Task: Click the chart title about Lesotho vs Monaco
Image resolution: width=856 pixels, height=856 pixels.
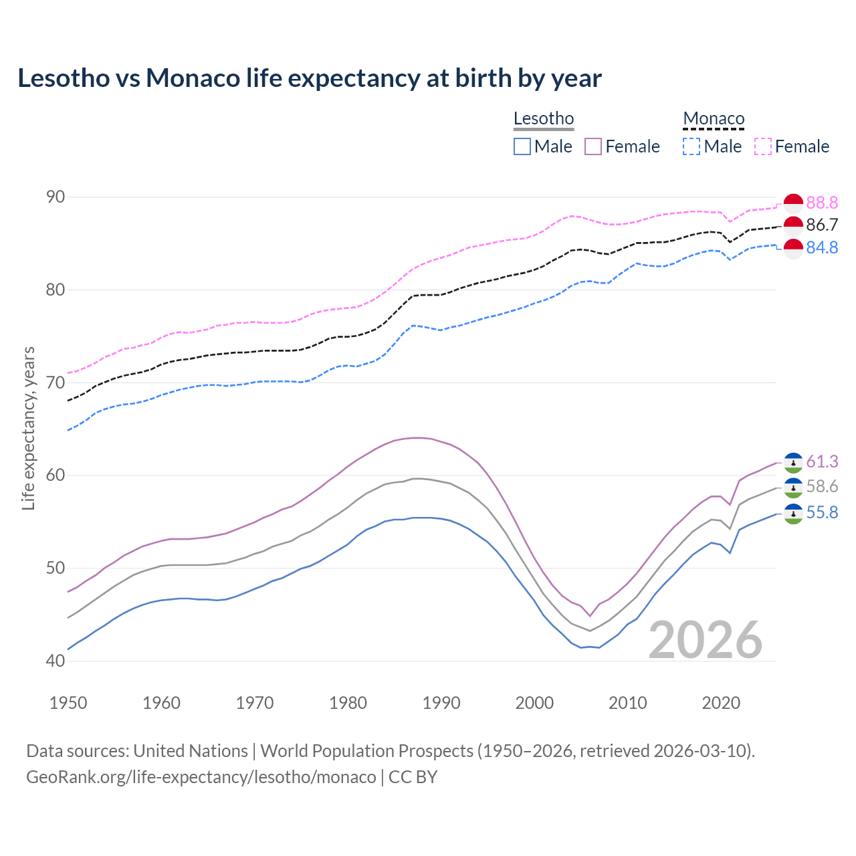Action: click(x=310, y=78)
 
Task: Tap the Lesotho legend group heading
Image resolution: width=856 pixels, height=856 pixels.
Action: click(x=543, y=119)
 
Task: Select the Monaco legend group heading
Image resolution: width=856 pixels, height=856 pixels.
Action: click(x=714, y=119)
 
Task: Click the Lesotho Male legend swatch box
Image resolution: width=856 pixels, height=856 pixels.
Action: click(x=522, y=146)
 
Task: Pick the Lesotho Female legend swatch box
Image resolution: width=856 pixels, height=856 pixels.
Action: click(x=593, y=146)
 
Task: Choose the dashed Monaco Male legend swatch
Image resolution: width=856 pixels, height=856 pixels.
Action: click(x=691, y=146)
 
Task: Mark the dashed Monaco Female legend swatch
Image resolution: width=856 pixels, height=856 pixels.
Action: click(x=763, y=146)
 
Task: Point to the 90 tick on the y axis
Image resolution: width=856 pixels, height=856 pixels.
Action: click(x=56, y=197)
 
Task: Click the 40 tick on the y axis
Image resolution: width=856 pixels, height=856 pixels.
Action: click(x=56, y=661)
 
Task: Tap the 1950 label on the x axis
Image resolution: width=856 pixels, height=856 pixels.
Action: click(x=68, y=703)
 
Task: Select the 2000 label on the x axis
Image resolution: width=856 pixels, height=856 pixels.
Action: click(x=534, y=703)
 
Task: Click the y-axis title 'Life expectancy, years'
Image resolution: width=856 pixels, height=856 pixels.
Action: click(x=29, y=428)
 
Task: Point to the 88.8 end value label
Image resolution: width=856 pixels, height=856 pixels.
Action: click(x=822, y=203)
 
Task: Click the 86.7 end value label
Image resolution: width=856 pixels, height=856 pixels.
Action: click(x=822, y=225)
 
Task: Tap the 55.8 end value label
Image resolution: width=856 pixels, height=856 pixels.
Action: click(x=822, y=513)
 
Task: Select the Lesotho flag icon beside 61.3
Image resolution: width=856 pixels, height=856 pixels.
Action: click(x=793, y=463)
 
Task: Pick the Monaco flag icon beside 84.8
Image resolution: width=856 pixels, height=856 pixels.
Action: click(x=793, y=248)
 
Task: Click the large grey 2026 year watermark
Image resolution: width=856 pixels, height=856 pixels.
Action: click(x=706, y=640)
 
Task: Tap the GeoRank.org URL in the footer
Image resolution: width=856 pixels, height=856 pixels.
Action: click(x=201, y=777)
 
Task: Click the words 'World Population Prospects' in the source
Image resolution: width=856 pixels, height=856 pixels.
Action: click(x=366, y=751)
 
